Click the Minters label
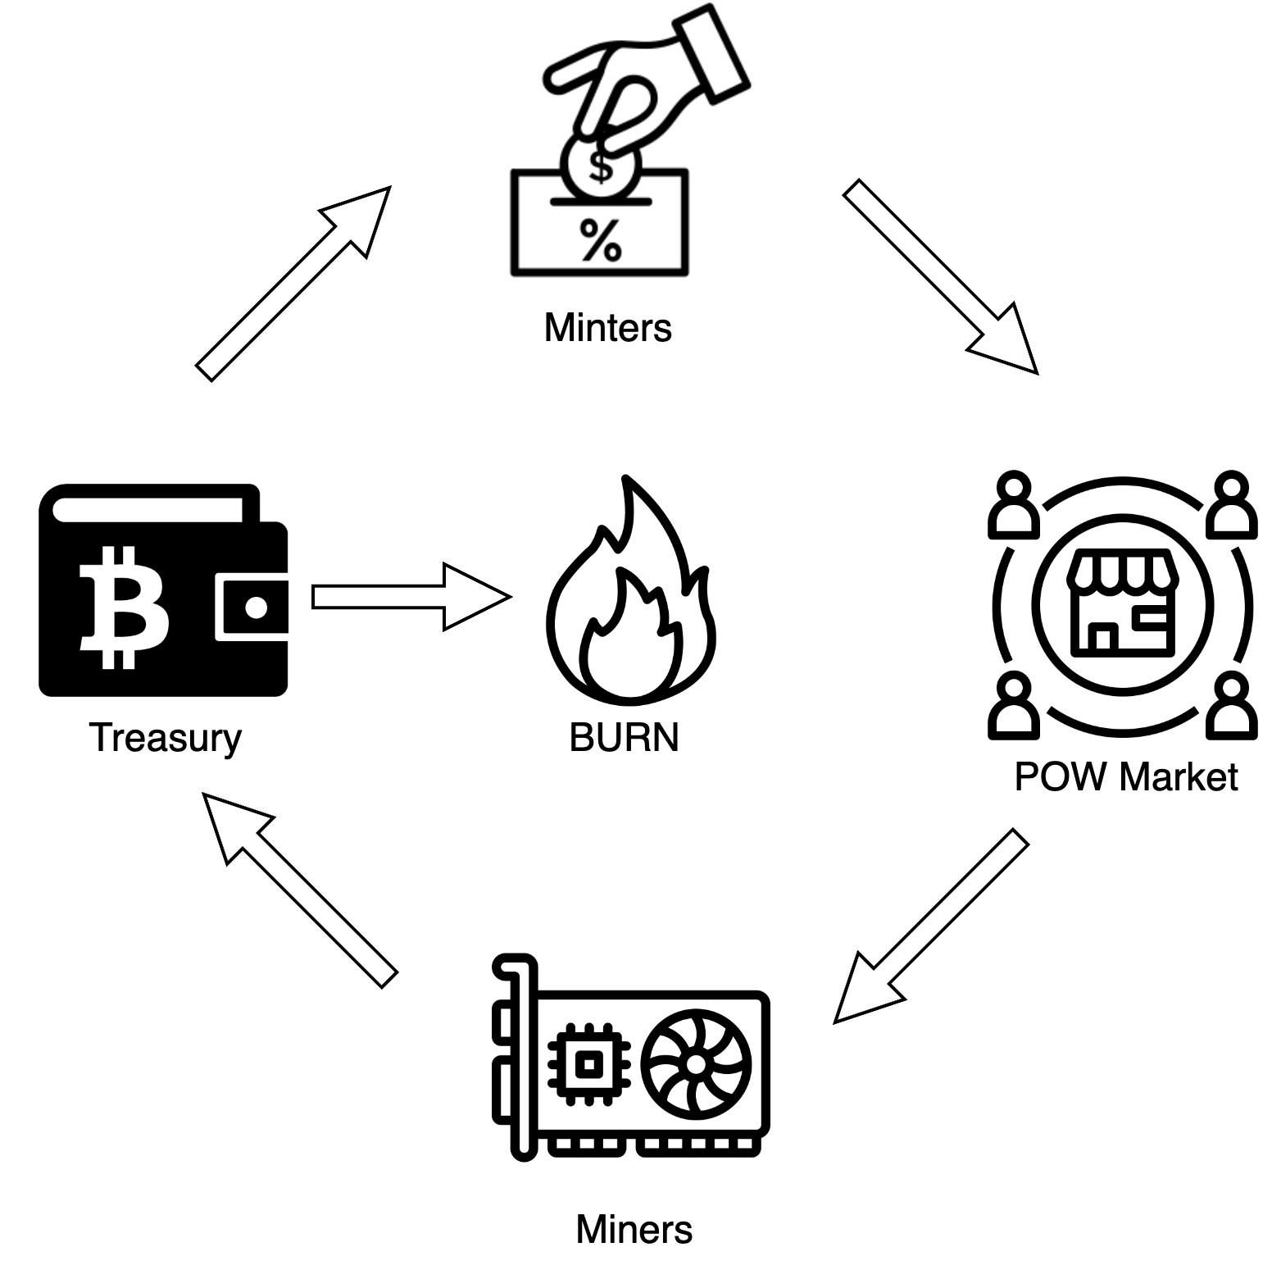click(x=607, y=328)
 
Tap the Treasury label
click(x=165, y=738)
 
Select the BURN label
click(x=624, y=738)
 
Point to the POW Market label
click(x=1125, y=776)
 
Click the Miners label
click(x=634, y=1230)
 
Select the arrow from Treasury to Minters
click(x=293, y=284)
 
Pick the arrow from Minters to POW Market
click(x=941, y=276)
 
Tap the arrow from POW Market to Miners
click(x=931, y=926)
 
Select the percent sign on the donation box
click(x=601, y=240)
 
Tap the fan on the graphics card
click(x=696, y=1064)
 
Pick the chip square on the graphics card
click(x=588, y=1064)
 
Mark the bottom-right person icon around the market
click(x=1231, y=704)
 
